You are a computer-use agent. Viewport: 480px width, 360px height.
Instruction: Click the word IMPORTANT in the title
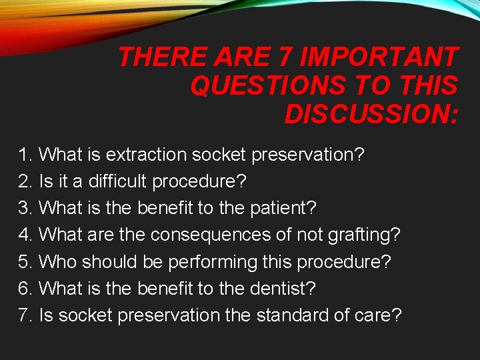coord(380,58)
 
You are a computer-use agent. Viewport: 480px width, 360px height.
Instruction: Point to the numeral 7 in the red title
coord(285,58)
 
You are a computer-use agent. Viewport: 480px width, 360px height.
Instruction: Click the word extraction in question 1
coord(147,155)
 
